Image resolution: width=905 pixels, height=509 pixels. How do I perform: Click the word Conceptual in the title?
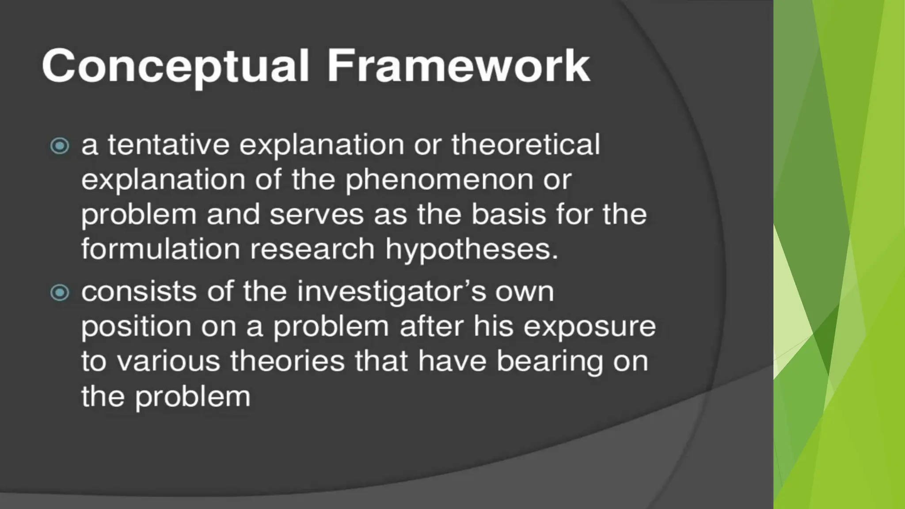point(175,66)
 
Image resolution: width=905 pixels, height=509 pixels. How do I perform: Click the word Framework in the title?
point(458,66)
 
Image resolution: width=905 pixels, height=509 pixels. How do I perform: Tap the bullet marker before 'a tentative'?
point(60,145)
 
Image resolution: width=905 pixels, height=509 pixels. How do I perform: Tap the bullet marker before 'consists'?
point(60,292)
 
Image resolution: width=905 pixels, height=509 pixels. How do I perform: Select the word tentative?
point(168,145)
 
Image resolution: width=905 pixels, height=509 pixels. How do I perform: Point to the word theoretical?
point(525,145)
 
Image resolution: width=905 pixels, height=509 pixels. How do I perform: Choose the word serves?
point(316,215)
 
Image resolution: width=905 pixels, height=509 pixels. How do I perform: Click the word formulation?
point(160,249)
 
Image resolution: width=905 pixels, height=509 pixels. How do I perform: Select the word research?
point(312,249)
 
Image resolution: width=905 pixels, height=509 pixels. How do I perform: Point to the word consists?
point(139,292)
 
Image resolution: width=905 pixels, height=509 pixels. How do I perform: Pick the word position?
point(136,327)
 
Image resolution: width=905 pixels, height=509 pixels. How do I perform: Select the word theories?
point(287,361)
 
